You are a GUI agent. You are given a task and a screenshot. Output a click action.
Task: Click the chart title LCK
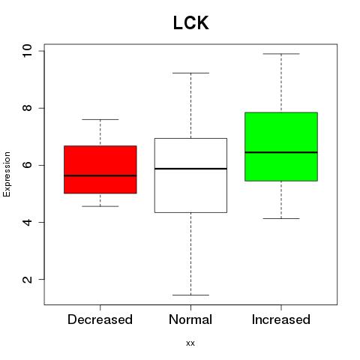(190, 23)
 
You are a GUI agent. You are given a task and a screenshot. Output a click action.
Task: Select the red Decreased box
(100, 169)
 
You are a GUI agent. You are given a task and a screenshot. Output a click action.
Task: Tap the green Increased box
(281, 146)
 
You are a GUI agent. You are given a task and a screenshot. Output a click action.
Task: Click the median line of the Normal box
(190, 169)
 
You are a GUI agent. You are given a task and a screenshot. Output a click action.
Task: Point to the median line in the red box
(100, 175)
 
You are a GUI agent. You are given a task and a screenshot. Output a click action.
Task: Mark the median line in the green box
(281, 152)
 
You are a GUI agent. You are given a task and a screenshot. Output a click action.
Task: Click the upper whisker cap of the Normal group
(190, 73)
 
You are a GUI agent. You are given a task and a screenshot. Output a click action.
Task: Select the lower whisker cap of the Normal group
(190, 295)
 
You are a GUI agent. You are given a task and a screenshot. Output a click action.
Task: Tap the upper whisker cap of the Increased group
(281, 54)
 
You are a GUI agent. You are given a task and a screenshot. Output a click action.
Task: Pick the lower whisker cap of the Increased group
(281, 218)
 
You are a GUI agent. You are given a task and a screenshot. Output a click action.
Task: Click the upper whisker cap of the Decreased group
(100, 119)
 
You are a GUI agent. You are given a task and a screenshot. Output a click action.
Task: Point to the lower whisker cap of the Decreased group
(100, 206)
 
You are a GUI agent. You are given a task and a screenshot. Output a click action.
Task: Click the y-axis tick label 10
(27, 51)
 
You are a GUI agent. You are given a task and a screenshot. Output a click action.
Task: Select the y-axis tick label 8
(27, 108)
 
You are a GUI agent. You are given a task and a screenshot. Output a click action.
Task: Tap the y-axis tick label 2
(27, 279)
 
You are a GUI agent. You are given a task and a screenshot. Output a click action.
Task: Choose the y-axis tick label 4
(27, 222)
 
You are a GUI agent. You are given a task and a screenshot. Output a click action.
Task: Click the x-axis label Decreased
(100, 319)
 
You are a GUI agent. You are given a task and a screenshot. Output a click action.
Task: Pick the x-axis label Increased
(281, 319)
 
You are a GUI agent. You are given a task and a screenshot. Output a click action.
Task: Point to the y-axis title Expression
(7, 174)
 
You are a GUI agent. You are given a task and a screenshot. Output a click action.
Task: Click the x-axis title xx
(190, 343)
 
